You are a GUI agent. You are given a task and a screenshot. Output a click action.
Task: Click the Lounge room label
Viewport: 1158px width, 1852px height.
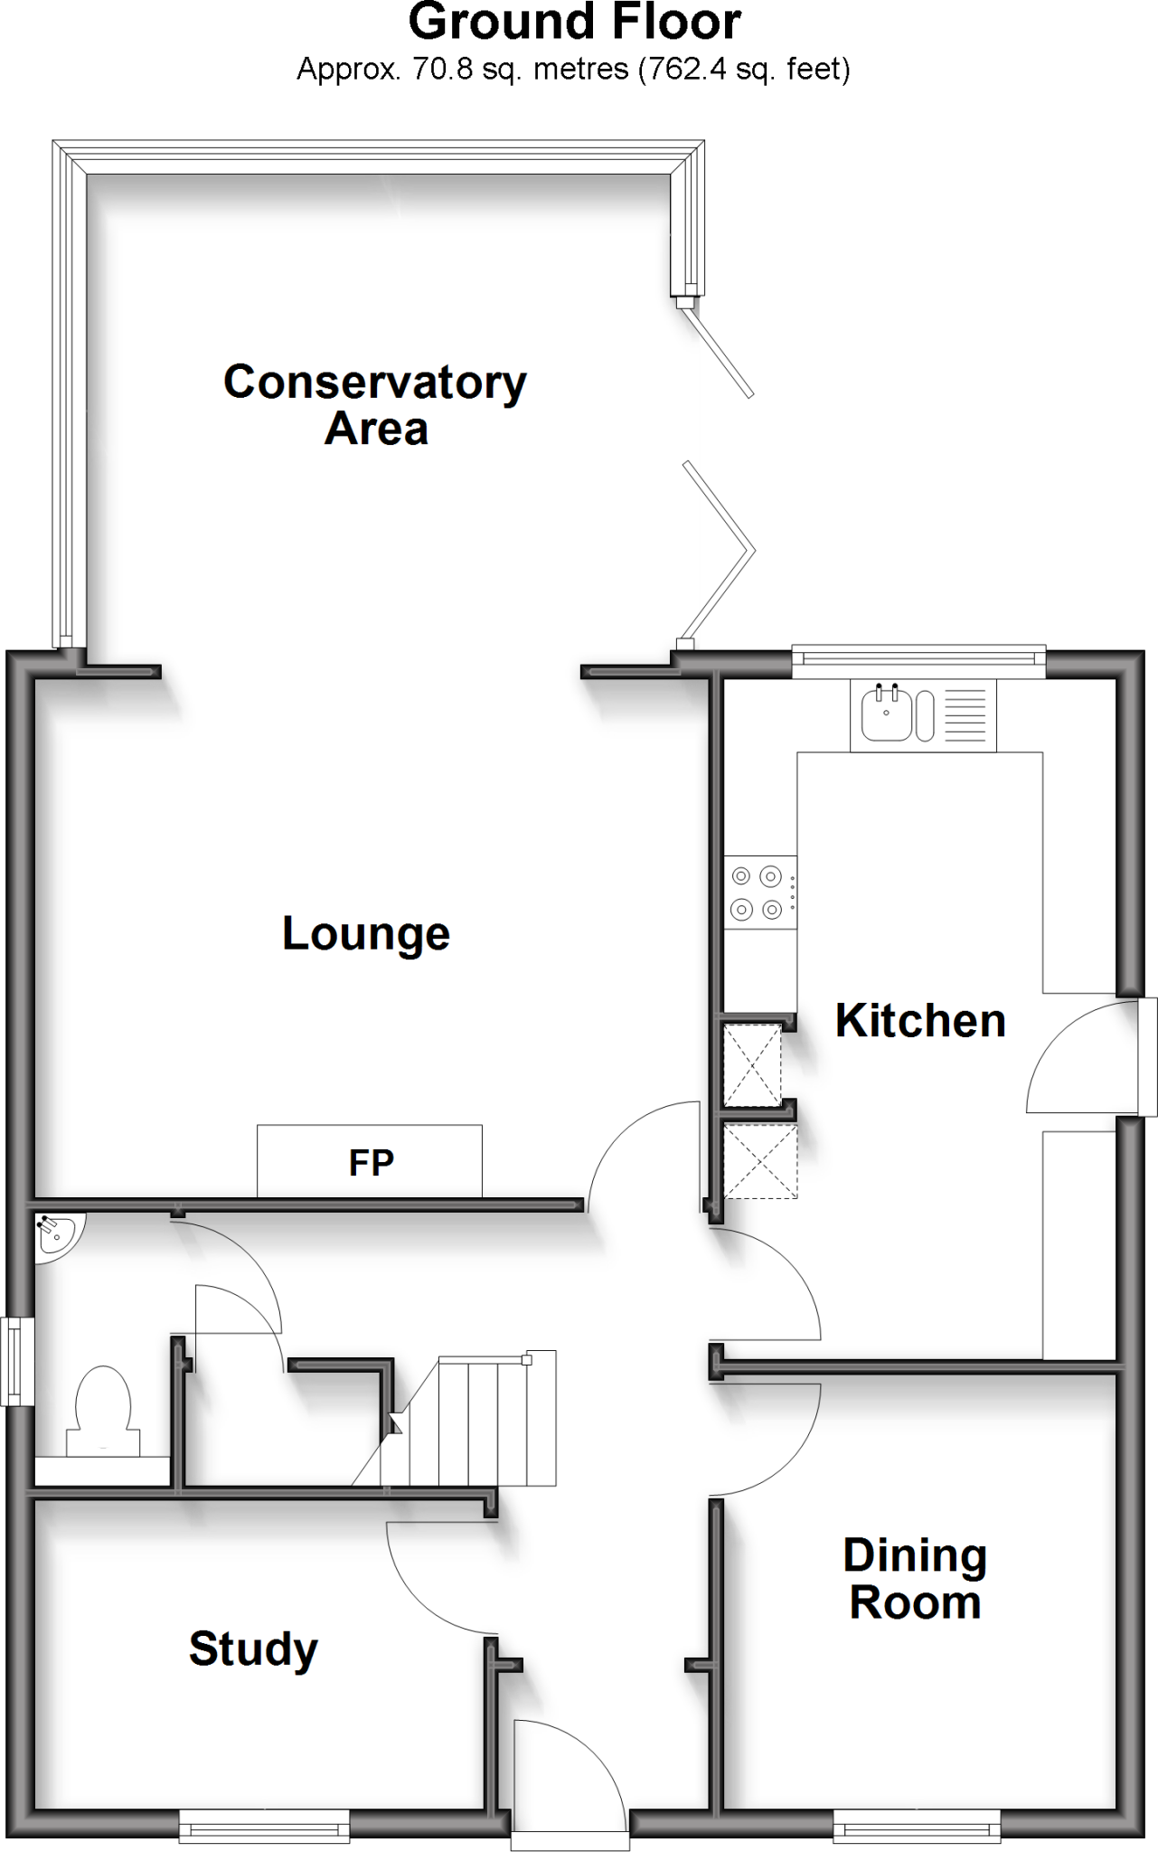(366, 933)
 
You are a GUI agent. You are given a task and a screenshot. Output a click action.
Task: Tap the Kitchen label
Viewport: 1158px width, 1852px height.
(920, 1021)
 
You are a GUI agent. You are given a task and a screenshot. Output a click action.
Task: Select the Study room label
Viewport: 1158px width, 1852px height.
(253, 1649)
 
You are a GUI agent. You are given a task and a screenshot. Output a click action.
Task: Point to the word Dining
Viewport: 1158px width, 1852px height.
(915, 1555)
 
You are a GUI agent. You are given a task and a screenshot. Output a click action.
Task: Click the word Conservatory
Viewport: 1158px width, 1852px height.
(375, 382)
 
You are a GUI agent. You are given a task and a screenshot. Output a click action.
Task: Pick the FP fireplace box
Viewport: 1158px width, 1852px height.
(370, 1161)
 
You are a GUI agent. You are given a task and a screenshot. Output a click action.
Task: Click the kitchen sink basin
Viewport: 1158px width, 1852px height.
(887, 713)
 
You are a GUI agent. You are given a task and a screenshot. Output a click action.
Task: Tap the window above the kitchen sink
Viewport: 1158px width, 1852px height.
(918, 661)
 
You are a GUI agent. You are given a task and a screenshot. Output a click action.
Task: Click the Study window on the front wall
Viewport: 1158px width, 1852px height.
(264, 1826)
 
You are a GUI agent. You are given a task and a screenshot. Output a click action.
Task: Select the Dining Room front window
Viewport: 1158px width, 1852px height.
(917, 1826)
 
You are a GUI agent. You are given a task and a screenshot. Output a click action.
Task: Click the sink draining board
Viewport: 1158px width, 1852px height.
(970, 714)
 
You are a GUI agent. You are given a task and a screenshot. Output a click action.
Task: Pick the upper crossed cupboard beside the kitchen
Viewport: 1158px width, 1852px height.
(752, 1064)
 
